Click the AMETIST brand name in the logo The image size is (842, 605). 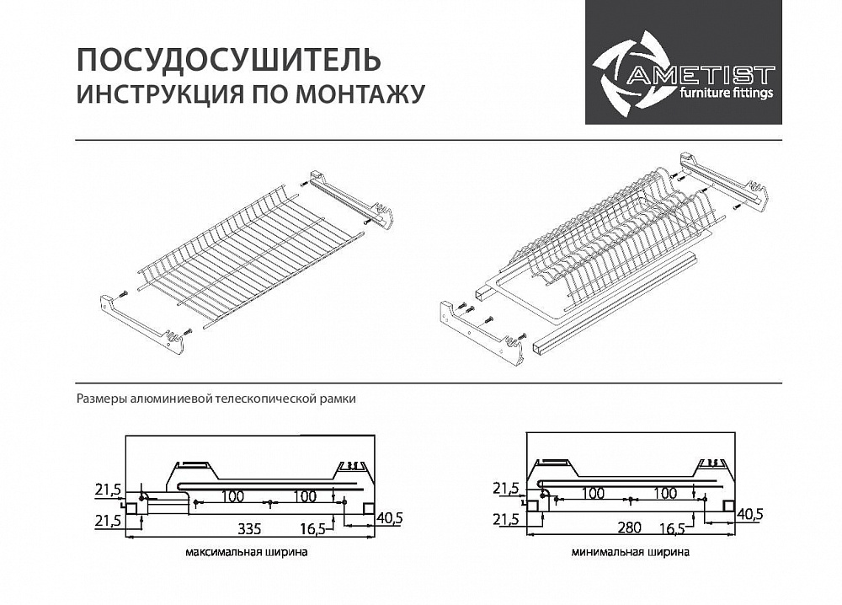pos(700,75)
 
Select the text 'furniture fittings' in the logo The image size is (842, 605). pos(725,94)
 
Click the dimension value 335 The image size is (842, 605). pos(249,529)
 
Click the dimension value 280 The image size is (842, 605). pos(627,527)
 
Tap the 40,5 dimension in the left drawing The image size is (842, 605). pos(389,517)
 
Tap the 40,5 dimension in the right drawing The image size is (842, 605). pos(750,513)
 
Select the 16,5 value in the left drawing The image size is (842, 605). pos(312,529)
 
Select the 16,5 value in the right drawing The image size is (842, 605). pos(672,528)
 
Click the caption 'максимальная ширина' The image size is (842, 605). pos(246,554)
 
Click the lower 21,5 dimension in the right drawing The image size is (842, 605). pos(506,519)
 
